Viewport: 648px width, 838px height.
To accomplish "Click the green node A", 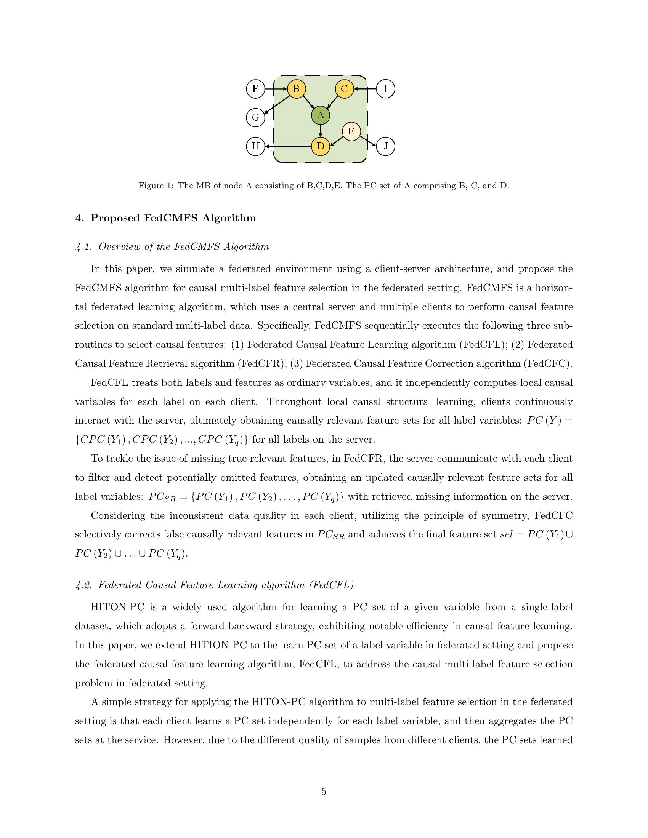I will tap(321, 115).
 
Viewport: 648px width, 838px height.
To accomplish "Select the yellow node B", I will tap(296, 89).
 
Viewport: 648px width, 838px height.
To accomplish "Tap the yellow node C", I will tap(344, 89).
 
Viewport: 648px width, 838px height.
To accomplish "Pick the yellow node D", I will tap(321, 146).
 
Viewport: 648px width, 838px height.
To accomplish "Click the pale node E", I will tap(351, 132).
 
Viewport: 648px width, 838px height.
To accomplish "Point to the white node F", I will tap(255, 89).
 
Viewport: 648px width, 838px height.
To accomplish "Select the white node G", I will tap(255, 117).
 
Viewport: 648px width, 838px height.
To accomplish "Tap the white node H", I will tap(255, 146).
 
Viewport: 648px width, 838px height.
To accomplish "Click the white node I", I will tap(386, 89).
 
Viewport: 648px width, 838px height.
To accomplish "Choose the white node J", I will tap(386, 146).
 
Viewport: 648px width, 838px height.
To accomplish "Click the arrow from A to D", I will tap(321, 131).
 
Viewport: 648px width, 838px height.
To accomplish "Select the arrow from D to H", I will tap(288, 146).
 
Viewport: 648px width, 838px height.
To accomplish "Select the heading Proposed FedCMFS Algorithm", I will tap(173, 218).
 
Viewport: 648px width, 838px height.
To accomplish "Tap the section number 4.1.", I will tap(83, 247).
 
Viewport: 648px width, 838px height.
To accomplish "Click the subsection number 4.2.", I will tap(83, 585).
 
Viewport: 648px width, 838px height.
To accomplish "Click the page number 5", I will tap(324, 791).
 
